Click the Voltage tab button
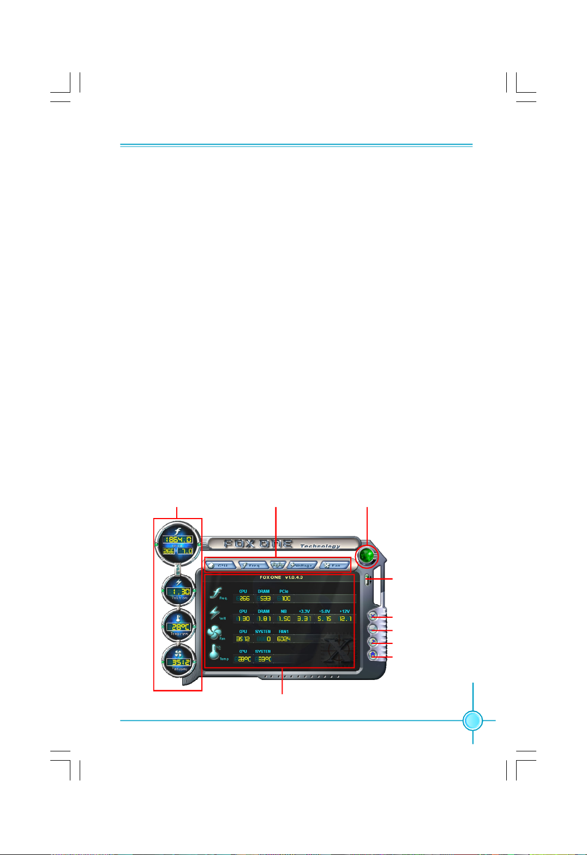tap(302, 565)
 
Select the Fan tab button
tap(334, 565)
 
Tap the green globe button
tap(367, 556)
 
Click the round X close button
tap(373, 616)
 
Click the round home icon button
tap(373, 655)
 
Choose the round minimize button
tap(373, 629)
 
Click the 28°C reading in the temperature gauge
tap(179, 627)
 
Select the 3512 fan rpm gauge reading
tap(179, 662)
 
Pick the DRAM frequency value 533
tap(265, 598)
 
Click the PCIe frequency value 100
tap(285, 598)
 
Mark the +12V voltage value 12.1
tap(345, 619)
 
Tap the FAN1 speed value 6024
tap(284, 639)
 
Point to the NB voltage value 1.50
tap(284, 619)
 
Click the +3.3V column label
tap(304, 611)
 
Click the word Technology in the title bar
tap(320, 546)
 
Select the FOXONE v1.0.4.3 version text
tap(281, 577)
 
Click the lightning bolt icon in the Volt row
tap(215, 613)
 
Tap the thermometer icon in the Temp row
tap(215, 652)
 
